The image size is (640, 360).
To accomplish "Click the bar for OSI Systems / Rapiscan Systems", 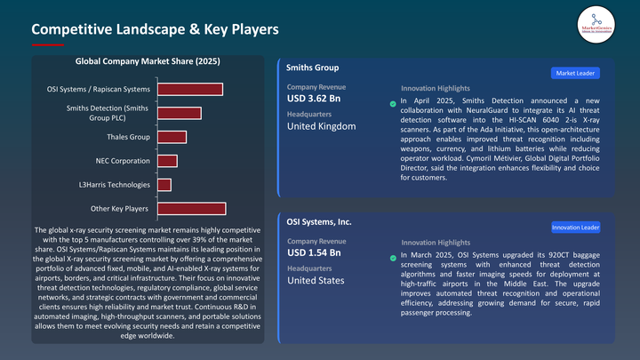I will pos(189,89).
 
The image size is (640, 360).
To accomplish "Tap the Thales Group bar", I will pos(172,137).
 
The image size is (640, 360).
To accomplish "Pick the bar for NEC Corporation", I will pos(167,161).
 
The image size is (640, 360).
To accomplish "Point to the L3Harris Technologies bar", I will pos(164,185).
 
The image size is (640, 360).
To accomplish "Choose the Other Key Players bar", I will pos(191,209).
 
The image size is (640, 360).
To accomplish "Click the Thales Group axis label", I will pos(128,137).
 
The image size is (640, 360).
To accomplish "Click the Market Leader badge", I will pos(575,74).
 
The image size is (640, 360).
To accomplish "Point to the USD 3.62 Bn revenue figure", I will pos(315,99).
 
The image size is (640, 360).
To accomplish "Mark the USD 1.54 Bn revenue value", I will pos(315,253).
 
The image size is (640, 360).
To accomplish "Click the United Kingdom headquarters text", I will pos(321,126).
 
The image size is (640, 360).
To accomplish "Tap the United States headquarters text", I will pos(316,281).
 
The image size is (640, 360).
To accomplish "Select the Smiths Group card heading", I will pos(313,68).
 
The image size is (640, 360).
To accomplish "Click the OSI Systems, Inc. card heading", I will pos(320,222).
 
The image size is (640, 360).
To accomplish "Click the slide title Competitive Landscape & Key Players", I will pos(156,29).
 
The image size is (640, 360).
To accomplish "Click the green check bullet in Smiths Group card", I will pos(393,104).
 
